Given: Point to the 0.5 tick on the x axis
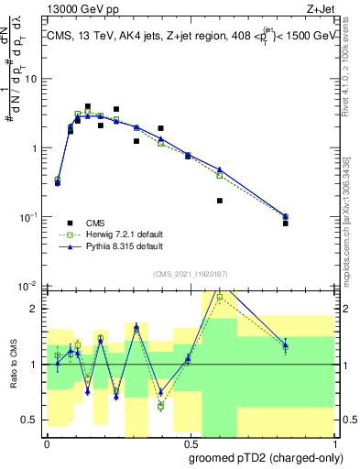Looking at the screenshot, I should coord(190,442).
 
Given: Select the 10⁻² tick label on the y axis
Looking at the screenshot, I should coord(29,286).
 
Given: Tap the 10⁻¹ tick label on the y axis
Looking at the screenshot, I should coord(29,217).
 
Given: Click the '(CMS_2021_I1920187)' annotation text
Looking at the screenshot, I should coord(190,272).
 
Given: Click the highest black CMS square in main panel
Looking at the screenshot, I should coord(88,107).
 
